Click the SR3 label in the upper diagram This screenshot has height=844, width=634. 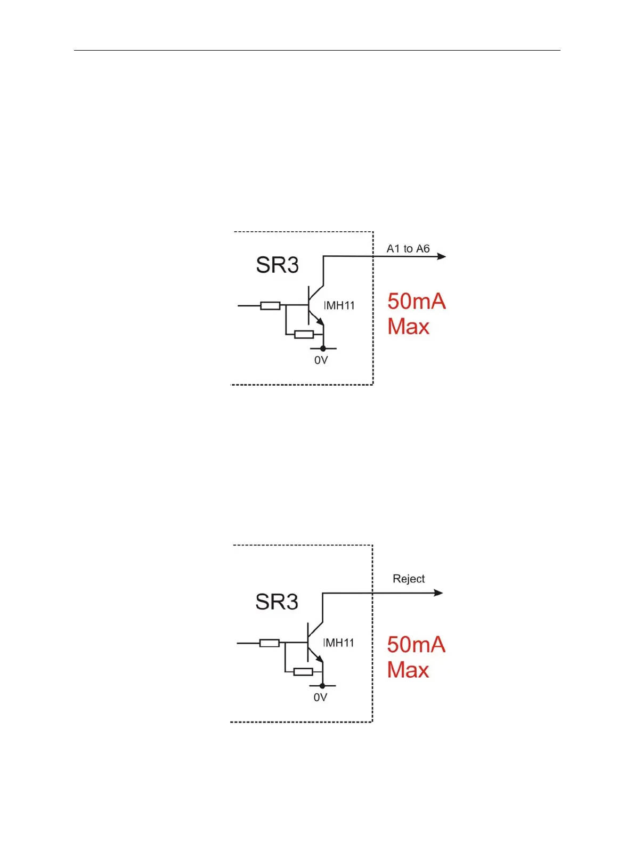(277, 265)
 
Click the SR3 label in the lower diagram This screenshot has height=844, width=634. (277, 602)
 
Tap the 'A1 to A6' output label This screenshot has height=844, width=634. (408, 249)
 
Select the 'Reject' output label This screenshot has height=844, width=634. (409, 579)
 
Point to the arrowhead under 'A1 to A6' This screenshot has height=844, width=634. (441, 256)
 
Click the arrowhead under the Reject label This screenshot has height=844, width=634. (438, 593)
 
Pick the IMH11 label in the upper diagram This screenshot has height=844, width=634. (339, 305)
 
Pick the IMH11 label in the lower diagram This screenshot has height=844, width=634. (339, 643)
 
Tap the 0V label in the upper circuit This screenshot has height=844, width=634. (321, 360)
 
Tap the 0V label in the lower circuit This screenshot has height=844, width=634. (320, 697)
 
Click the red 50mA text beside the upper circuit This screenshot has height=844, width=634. (416, 302)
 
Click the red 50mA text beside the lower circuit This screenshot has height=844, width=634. (416, 645)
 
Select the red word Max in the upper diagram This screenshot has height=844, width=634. (408, 327)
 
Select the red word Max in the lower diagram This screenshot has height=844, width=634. (408, 670)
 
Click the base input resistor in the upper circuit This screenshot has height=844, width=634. (270, 305)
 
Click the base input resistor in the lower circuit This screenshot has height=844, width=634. (269, 643)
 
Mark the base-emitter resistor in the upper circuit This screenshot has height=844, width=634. (304, 334)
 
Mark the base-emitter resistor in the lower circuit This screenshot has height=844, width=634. (303, 671)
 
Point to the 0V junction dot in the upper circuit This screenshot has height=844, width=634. (323, 348)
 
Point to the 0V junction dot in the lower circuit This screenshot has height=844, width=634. (322, 686)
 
